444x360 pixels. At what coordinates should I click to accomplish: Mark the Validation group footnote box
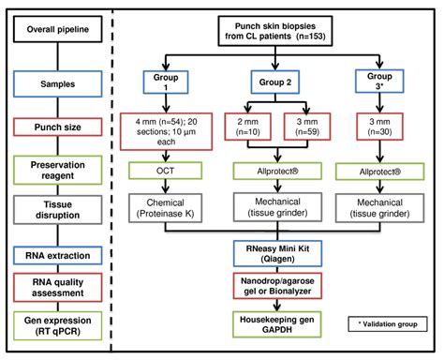click(x=386, y=320)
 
